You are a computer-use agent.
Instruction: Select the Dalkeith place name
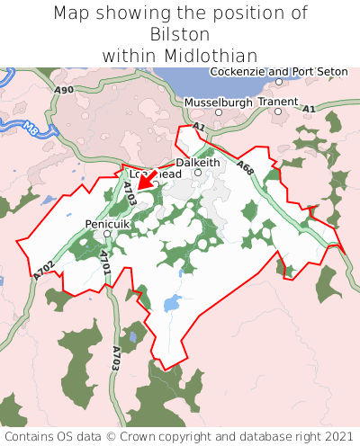(x=198, y=162)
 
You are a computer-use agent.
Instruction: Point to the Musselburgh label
(x=216, y=102)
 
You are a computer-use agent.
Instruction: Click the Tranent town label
(x=277, y=102)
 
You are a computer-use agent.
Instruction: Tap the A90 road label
(x=63, y=91)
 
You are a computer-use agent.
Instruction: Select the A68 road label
(x=245, y=166)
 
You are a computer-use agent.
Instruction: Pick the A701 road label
(x=105, y=262)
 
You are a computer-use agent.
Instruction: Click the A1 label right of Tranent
(x=309, y=109)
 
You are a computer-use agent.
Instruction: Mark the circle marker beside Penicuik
(x=107, y=234)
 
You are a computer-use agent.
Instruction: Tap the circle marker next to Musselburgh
(x=218, y=112)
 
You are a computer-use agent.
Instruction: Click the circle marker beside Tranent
(x=278, y=111)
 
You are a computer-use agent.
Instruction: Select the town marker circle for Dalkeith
(x=198, y=172)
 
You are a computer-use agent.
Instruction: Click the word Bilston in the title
(x=180, y=34)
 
